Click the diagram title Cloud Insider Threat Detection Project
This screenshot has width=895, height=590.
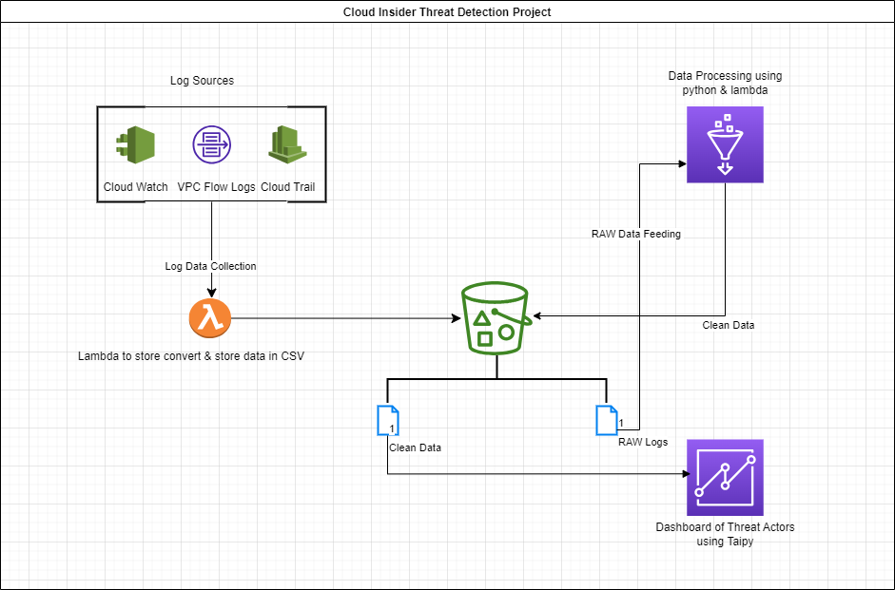(447, 12)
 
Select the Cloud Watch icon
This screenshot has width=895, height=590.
(135, 146)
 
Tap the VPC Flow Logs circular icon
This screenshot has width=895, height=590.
(211, 145)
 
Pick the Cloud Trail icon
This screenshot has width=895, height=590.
(288, 145)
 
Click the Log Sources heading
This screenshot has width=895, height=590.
(202, 81)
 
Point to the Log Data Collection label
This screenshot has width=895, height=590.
(211, 266)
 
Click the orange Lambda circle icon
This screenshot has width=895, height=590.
(210, 319)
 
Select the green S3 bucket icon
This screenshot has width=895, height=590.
(496, 317)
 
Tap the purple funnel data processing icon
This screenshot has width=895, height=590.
(725, 144)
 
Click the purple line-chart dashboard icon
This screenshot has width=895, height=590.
(725, 477)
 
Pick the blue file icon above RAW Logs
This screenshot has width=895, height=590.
(606, 421)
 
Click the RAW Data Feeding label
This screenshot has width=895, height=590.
(636, 234)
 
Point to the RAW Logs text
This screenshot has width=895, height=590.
(643, 442)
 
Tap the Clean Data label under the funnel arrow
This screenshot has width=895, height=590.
(729, 325)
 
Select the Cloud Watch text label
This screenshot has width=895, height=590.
(136, 187)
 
